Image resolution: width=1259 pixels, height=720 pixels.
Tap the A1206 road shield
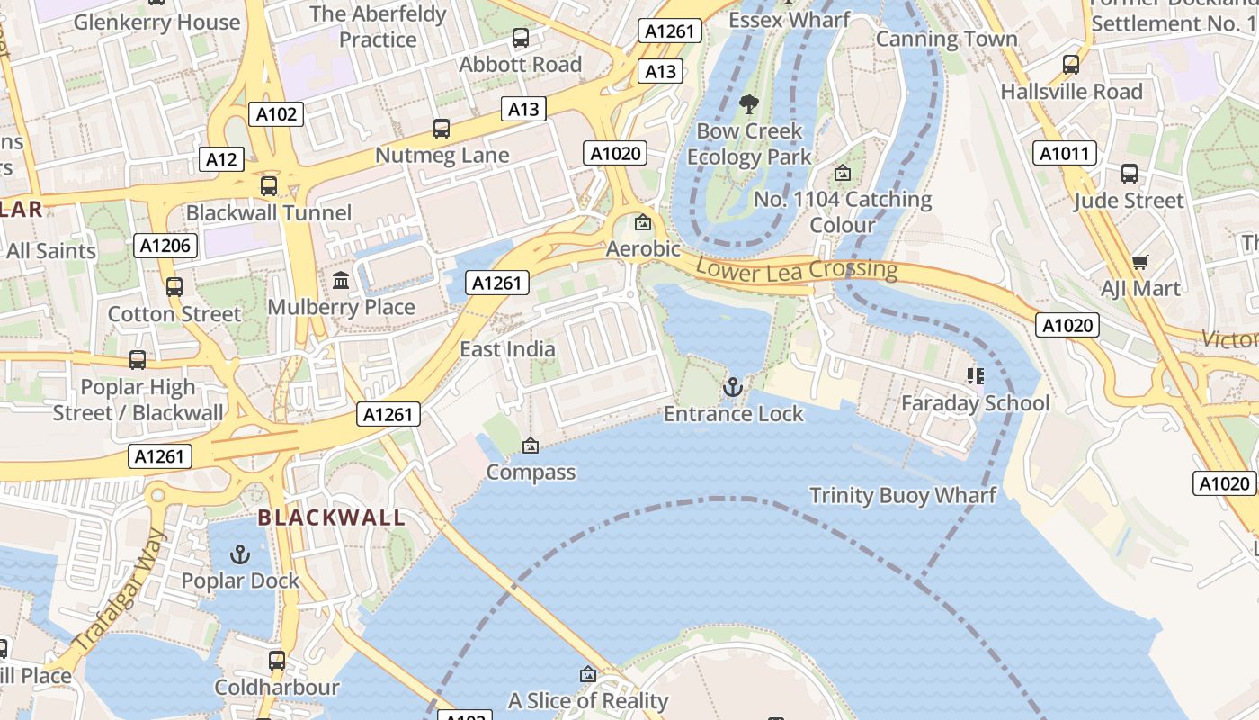[165, 245]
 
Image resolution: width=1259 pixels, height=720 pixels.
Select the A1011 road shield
[1064, 153]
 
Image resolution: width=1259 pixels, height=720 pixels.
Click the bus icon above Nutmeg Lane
[441, 129]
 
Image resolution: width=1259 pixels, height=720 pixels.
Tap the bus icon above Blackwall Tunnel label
[268, 186]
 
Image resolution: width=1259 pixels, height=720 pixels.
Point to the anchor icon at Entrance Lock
[733, 387]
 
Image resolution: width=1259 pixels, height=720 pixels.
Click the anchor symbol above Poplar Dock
[239, 553]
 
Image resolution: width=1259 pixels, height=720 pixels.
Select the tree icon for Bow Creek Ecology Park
[748, 104]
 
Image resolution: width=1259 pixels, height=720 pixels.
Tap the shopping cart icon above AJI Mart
[1140, 262]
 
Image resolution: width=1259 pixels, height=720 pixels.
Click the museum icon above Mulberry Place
[341, 281]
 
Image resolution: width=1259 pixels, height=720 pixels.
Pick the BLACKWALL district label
[332, 517]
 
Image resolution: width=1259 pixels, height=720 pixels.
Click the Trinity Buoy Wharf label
[903, 495]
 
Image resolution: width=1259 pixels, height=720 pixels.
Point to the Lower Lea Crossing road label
[796, 268]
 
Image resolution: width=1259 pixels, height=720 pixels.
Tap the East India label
[507, 349]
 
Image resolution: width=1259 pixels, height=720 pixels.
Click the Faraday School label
[975, 403]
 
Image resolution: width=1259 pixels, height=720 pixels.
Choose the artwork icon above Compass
[531, 445]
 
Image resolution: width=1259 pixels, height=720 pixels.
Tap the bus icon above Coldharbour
[277, 661]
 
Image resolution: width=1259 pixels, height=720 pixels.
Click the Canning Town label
[946, 39]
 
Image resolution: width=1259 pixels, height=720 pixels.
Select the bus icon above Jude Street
[1129, 174]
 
